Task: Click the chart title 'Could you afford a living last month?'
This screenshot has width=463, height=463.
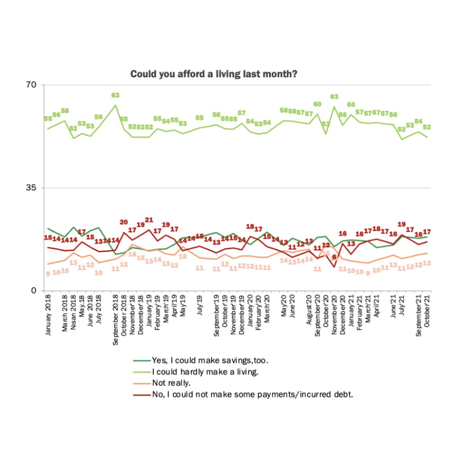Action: click(213, 74)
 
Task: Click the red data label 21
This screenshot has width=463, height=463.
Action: click(149, 220)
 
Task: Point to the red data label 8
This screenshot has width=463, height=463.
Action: click(335, 257)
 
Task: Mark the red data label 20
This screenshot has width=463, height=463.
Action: click(124, 222)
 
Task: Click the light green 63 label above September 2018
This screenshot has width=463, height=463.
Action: click(115, 95)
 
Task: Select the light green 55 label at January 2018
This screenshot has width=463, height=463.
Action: click(48, 119)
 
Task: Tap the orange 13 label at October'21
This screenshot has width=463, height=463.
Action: click(427, 263)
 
